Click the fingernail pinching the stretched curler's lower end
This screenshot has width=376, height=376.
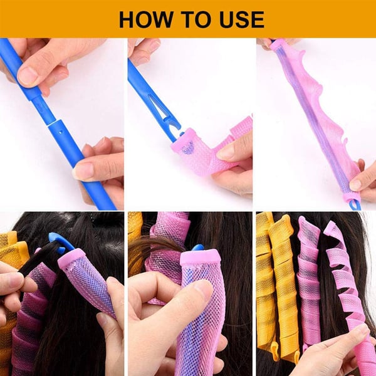pyautogui.click(x=355, y=184)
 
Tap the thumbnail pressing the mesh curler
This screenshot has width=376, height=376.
pyautogui.click(x=202, y=289)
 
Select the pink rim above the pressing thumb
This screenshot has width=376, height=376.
pyautogui.click(x=200, y=256)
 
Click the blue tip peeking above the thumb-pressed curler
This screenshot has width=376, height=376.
pyautogui.click(x=197, y=248)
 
